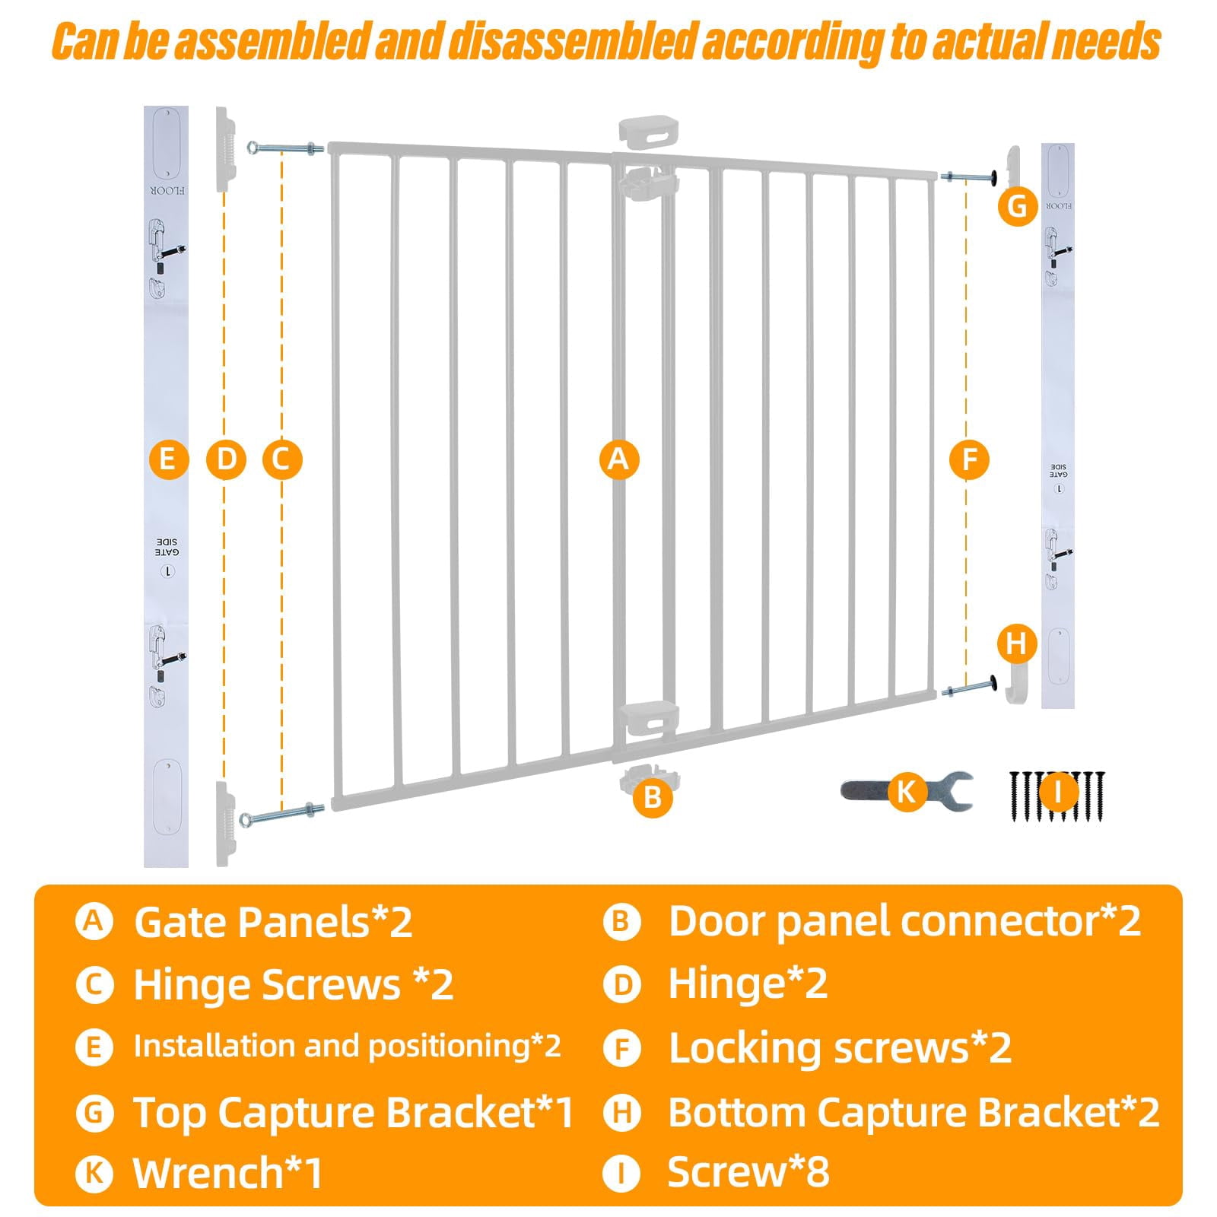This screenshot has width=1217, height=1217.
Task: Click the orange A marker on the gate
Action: pyautogui.click(x=618, y=459)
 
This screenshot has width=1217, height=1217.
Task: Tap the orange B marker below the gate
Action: pyautogui.click(x=652, y=796)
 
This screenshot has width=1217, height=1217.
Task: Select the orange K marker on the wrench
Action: pyautogui.click(x=905, y=791)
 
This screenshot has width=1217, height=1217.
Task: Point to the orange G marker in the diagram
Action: pyautogui.click(x=1017, y=206)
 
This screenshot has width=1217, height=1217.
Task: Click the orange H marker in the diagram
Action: pyautogui.click(x=1017, y=643)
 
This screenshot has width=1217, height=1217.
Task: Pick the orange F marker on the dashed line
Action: pyautogui.click(x=969, y=459)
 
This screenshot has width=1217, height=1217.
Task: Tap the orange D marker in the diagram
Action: pyautogui.click(x=226, y=459)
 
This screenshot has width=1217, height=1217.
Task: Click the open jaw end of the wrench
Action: pyautogui.click(x=955, y=791)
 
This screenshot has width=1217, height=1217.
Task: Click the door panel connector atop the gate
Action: pyautogui.click(x=650, y=130)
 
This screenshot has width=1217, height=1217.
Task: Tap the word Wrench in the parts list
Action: pyautogui.click(x=208, y=1172)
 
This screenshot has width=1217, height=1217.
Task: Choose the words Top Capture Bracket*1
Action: pyautogui.click(x=354, y=1113)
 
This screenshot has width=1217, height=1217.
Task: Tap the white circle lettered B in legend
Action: pyautogui.click(x=622, y=922)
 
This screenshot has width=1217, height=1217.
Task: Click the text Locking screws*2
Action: pyautogui.click(x=840, y=1048)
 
